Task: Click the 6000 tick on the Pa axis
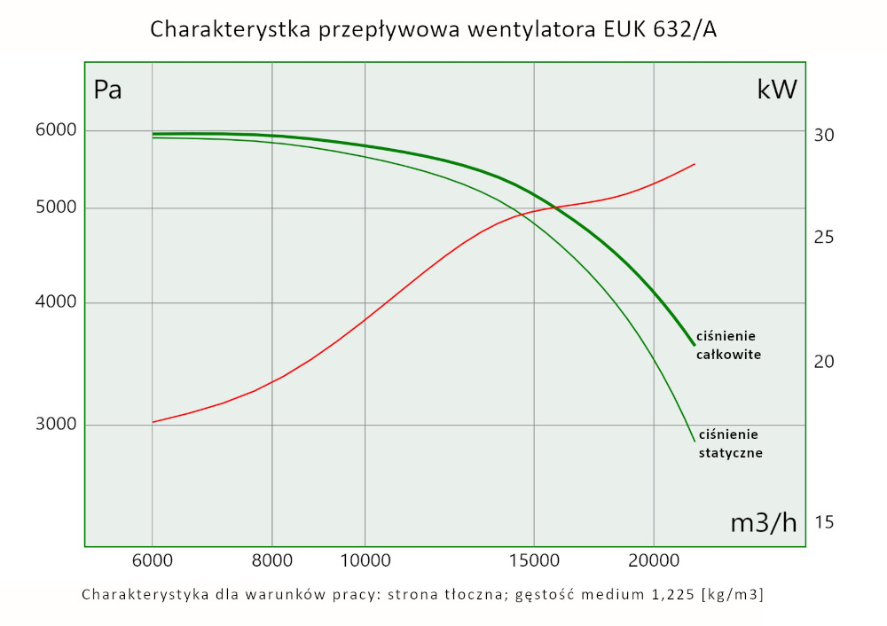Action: click(x=56, y=130)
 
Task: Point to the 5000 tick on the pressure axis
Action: click(x=56, y=208)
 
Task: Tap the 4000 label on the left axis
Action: click(x=56, y=303)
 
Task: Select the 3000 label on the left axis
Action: click(x=56, y=425)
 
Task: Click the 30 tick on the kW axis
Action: click(x=823, y=135)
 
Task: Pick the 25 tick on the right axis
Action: click(x=823, y=238)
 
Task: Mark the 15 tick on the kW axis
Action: click(x=823, y=522)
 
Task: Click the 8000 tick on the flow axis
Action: click(x=272, y=560)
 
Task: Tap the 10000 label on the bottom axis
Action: click(x=365, y=560)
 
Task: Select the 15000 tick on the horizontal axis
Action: click(x=534, y=560)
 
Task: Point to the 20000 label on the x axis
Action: click(x=654, y=560)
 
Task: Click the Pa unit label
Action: click(x=107, y=90)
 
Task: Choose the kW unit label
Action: click(x=777, y=89)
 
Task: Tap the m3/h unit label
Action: click(x=763, y=523)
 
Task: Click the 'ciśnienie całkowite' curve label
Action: click(x=728, y=345)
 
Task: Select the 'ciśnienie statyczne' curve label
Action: click(x=730, y=443)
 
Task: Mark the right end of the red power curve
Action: click(x=694, y=164)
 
